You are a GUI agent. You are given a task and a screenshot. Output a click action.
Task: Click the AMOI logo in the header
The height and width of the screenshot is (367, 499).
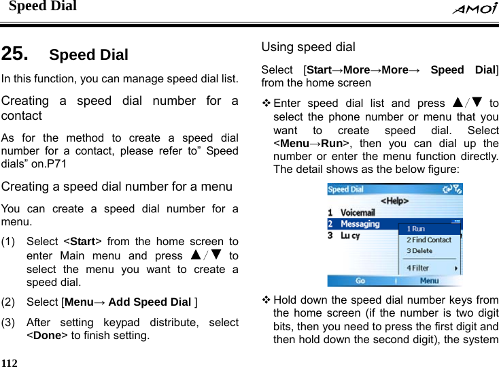(474, 8)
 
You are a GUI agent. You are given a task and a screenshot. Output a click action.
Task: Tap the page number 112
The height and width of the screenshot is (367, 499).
(10, 362)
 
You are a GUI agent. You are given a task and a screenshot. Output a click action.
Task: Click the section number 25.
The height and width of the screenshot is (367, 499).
(15, 54)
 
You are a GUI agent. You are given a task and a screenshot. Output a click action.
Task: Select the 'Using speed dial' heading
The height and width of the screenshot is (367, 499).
(308, 47)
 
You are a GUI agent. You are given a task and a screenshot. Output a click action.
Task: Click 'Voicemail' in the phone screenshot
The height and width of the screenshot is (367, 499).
(357, 212)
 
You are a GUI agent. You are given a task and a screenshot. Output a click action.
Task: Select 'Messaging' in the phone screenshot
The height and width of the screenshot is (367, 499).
(360, 224)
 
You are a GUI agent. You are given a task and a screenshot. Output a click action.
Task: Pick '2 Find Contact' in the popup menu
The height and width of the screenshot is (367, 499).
(428, 240)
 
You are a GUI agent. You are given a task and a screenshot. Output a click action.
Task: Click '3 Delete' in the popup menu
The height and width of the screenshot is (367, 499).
(419, 251)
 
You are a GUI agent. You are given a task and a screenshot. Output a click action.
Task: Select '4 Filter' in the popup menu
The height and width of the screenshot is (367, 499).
(418, 268)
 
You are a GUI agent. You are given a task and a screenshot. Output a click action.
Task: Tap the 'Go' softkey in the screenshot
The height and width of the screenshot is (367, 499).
(360, 281)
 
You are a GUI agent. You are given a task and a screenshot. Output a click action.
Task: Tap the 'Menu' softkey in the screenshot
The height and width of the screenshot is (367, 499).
(429, 281)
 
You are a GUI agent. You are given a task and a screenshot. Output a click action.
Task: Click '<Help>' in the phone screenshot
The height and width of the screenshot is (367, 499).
(394, 201)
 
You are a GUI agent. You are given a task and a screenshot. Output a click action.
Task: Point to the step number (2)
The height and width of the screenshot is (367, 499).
(10, 302)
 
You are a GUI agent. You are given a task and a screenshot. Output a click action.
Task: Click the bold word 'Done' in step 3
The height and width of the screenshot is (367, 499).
(47, 335)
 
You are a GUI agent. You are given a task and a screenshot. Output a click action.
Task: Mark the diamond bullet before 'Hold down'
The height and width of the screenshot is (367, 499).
(266, 300)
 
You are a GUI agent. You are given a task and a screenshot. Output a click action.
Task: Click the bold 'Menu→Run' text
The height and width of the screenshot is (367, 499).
(309, 144)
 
